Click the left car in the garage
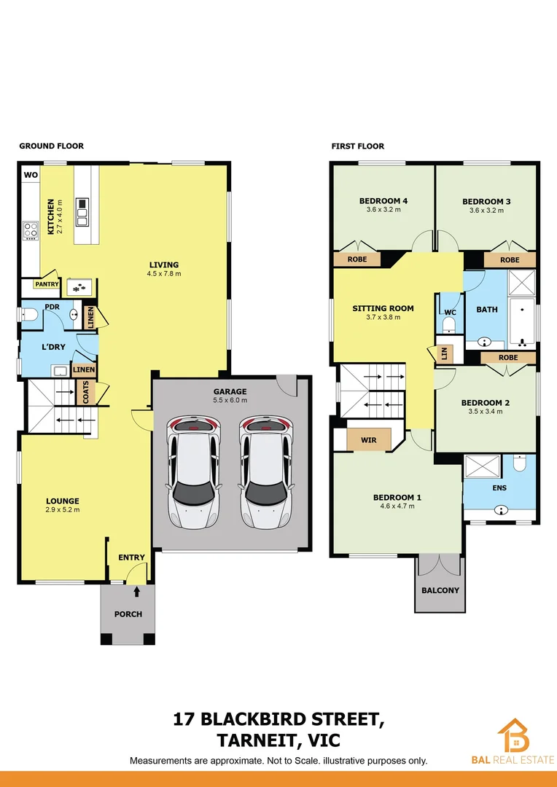tap(195, 471)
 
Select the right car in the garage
tap(266, 471)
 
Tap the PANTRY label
tap(47, 284)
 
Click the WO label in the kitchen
tap(31, 175)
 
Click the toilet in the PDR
tap(29, 315)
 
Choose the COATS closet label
tap(85, 392)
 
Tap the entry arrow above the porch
tap(136, 592)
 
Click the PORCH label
tap(128, 614)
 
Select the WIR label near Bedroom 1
tap(369, 440)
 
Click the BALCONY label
tap(440, 590)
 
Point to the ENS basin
tap(502, 511)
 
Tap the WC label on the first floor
tap(450, 312)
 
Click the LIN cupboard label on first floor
tap(444, 354)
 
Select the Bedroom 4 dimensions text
tap(383, 210)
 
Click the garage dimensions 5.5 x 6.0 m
tap(230, 400)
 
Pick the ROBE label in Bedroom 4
tap(357, 259)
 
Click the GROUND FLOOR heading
tap(51, 146)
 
